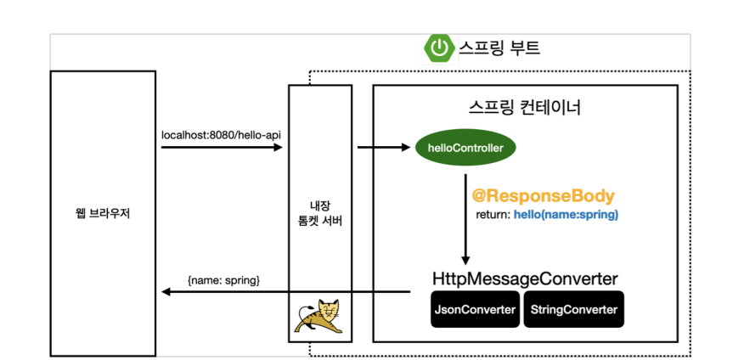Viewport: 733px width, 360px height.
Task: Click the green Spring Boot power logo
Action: (x=438, y=48)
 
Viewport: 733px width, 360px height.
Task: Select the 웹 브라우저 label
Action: (x=104, y=213)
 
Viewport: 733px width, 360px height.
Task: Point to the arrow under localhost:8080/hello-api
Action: (x=221, y=148)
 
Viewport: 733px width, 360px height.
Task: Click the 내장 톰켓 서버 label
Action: (x=320, y=213)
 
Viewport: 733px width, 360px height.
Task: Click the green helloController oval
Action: (x=465, y=149)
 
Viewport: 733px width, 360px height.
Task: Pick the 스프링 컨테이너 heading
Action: (x=525, y=108)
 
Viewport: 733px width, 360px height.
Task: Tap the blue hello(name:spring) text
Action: (x=566, y=216)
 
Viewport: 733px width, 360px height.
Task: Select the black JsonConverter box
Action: (x=476, y=310)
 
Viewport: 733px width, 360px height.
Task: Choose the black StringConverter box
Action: (x=573, y=310)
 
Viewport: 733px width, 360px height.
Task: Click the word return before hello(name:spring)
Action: (x=492, y=216)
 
